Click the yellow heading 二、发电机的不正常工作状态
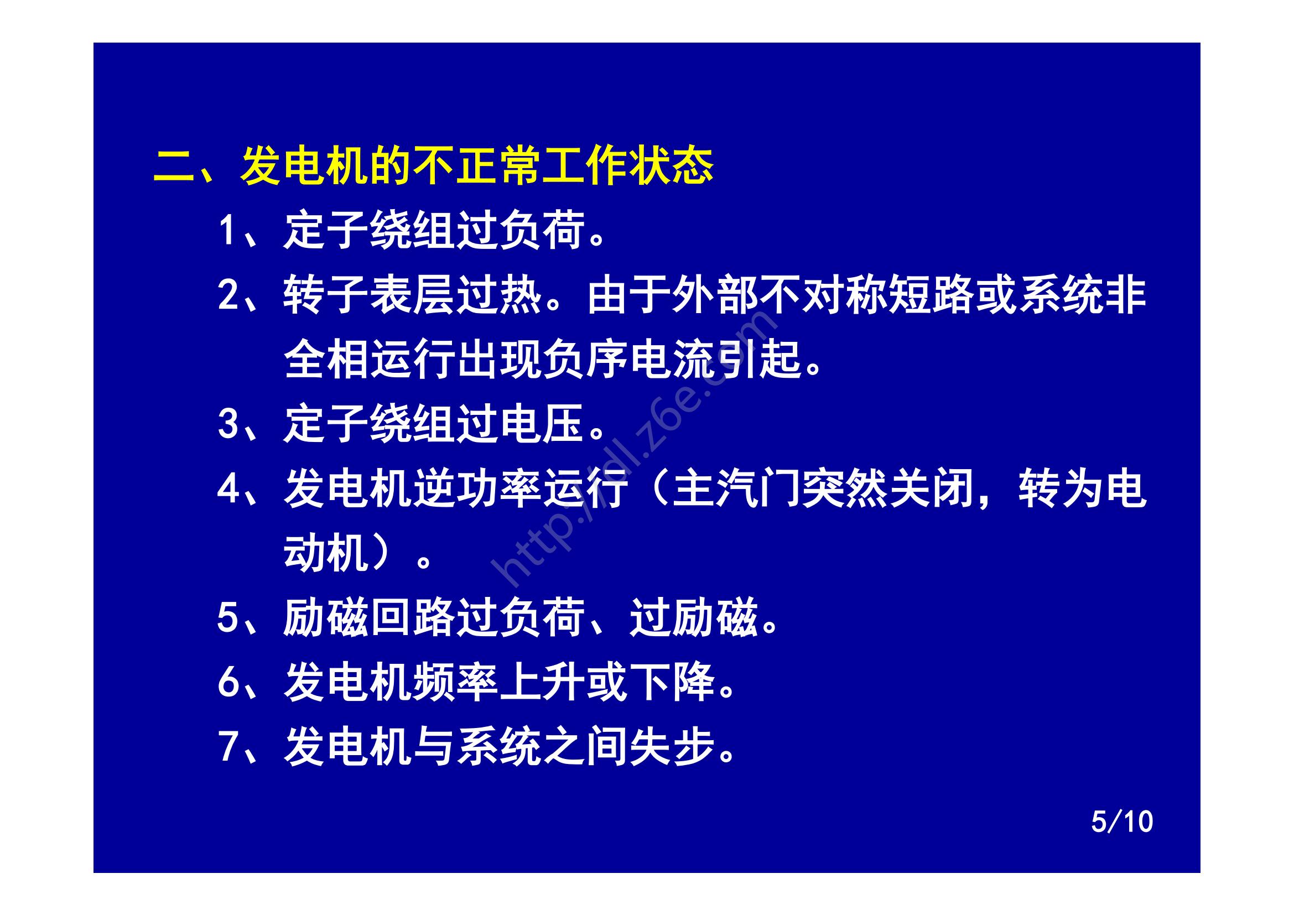(x=433, y=167)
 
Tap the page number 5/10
(x=1121, y=822)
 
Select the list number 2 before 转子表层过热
(x=228, y=295)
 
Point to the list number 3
(x=228, y=424)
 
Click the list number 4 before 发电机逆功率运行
(x=228, y=488)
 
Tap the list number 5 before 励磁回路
(x=228, y=617)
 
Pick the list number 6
(x=228, y=682)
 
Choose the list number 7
(x=228, y=746)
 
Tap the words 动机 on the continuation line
(x=326, y=553)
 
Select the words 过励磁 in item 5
(x=693, y=617)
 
